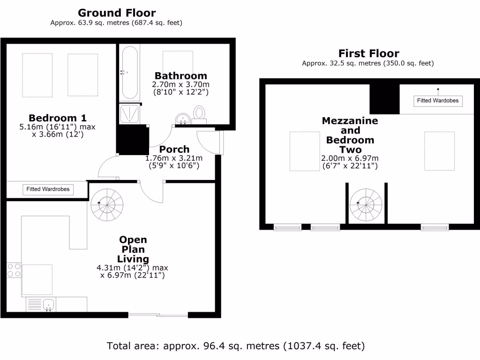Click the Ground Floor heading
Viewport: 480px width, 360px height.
117,13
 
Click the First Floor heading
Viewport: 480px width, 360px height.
368,53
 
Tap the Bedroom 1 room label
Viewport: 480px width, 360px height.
58,118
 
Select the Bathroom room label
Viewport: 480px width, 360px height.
180,75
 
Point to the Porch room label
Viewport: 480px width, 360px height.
174,150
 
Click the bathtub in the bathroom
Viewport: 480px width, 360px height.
129,72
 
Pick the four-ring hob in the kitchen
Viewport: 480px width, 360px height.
14,270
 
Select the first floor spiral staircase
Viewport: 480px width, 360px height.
367,204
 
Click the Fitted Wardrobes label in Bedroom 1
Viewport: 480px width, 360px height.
48,189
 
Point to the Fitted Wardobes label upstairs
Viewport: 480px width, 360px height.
438,100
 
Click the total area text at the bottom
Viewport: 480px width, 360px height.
236,346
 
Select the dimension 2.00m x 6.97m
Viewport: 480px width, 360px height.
350,158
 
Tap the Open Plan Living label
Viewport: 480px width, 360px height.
133,249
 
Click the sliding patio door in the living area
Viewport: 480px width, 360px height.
158,315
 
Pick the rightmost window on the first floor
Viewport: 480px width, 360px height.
435,228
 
